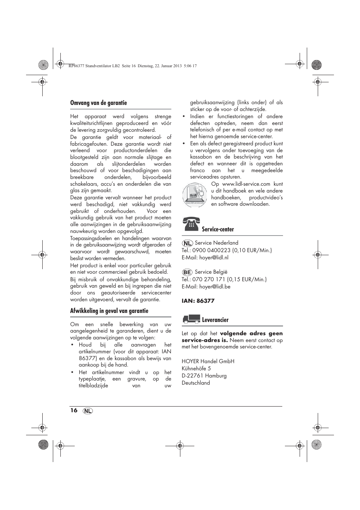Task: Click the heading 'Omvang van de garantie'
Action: (98, 103)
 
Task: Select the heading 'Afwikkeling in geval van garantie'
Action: (109, 311)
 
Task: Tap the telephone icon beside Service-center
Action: (191, 224)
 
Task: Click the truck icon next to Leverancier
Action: (191, 319)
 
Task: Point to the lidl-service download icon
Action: (195, 195)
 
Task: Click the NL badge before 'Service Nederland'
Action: (187, 243)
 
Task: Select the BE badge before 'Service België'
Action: (187, 272)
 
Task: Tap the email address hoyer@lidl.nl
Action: (214, 257)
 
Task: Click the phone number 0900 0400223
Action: (211, 250)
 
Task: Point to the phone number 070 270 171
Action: (209, 279)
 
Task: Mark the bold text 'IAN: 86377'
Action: (198, 301)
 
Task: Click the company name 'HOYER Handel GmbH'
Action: (208, 361)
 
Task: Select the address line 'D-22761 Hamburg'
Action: (204, 376)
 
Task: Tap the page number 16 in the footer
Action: (74, 410)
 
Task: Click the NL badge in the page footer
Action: (88, 411)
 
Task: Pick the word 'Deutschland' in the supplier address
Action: (196, 383)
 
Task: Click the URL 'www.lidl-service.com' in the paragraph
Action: (246, 184)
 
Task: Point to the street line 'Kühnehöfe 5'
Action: (196, 368)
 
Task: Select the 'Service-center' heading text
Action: (218, 230)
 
